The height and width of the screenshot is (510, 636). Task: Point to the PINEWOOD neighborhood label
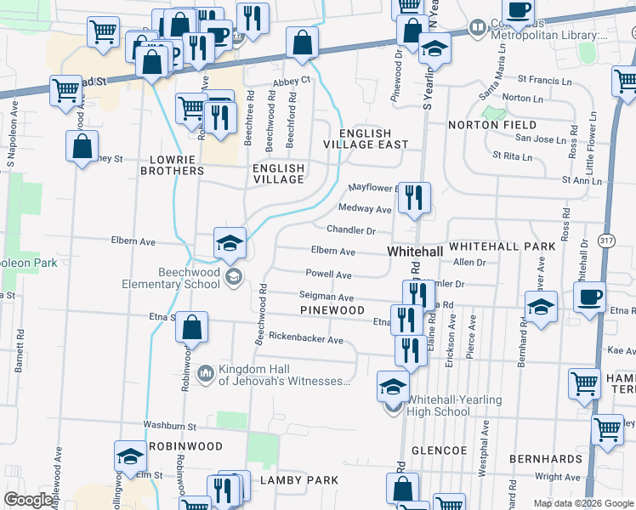point(332,310)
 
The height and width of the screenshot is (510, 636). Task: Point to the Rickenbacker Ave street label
point(305,340)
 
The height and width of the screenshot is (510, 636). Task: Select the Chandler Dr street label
point(350,230)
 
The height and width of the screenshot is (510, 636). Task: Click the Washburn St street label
point(170,425)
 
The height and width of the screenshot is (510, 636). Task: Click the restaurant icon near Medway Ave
point(414,198)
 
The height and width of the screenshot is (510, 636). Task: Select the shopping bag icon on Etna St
point(193,328)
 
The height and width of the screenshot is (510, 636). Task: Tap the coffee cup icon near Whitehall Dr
point(588,297)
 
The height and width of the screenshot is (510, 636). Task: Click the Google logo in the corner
point(29,500)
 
